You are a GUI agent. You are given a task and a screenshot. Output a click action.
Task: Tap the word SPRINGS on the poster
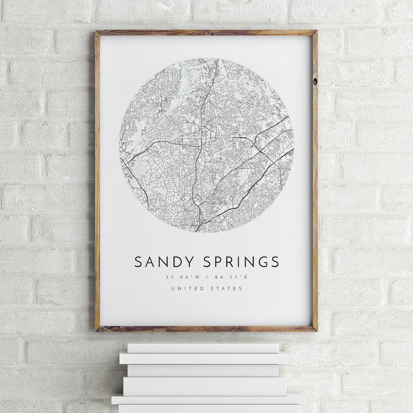pos(241,262)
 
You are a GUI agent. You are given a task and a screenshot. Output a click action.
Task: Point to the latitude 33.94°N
pos(180,277)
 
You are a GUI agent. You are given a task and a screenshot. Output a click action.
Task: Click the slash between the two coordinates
pos(206,277)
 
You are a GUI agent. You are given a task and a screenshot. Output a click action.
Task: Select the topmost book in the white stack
pos(203,348)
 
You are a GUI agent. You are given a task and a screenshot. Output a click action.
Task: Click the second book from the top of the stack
pos(204,358)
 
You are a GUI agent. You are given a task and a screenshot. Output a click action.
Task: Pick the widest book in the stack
pos(208,399)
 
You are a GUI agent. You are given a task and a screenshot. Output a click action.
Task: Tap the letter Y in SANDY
pos(190,262)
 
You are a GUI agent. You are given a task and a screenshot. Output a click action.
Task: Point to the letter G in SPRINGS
pos(262,262)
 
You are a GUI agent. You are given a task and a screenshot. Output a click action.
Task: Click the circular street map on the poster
pos(206,145)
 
